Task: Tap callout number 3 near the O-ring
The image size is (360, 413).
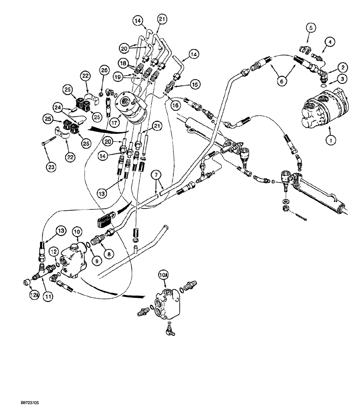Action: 342,78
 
